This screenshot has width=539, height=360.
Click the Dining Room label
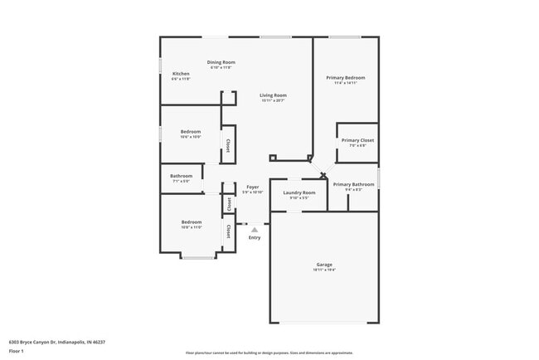coord(221,62)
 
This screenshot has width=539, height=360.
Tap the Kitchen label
coord(181,74)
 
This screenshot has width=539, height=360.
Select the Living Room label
coord(274,95)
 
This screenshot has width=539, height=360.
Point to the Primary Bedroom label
coord(345,77)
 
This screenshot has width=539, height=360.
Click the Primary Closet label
coord(357,140)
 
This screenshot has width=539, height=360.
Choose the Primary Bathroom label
coord(354,184)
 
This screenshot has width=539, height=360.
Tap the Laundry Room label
coord(299,192)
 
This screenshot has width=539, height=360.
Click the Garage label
coord(324,265)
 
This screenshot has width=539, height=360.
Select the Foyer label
coord(253,187)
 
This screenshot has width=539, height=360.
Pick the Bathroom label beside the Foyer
coord(182,176)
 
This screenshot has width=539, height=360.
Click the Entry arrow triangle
coord(255,230)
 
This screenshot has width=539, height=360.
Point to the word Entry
coord(255,238)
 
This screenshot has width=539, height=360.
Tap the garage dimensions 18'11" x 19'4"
coord(324,270)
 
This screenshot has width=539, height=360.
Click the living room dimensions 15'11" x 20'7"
coord(274,101)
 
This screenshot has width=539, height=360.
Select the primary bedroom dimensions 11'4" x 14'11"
coord(345,83)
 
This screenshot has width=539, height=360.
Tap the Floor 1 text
coord(17,351)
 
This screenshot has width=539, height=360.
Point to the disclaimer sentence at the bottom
coord(269,353)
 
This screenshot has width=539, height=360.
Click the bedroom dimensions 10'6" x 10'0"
coord(192,137)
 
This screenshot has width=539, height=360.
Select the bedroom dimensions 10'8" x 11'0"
coord(192,226)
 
